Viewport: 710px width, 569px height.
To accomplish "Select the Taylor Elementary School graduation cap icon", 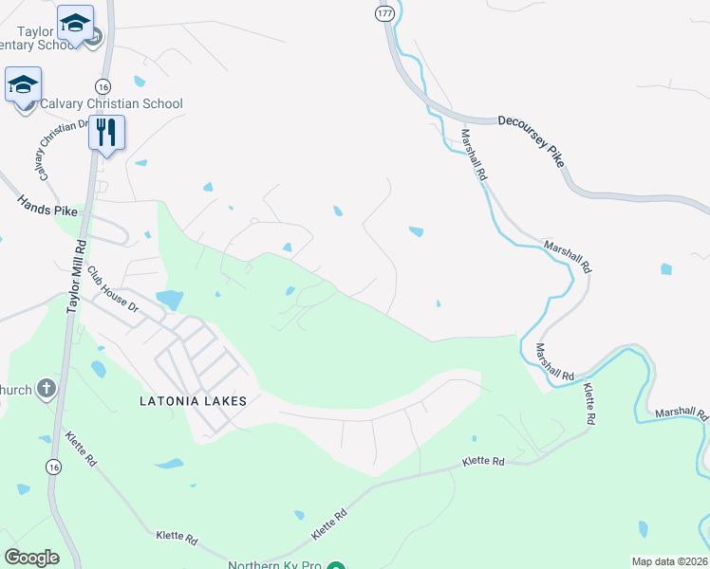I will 74,22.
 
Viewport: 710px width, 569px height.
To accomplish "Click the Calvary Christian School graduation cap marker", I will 23,85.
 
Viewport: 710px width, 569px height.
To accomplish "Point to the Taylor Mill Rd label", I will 76,274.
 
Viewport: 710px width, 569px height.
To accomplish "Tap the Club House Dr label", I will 113,289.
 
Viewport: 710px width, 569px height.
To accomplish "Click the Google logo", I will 32,558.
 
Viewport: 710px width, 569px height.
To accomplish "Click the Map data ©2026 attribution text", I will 669,561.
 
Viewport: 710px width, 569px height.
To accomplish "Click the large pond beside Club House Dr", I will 169,300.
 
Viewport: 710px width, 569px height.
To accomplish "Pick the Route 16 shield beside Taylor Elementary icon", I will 101,83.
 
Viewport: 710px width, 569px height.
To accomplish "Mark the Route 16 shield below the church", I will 53,467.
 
